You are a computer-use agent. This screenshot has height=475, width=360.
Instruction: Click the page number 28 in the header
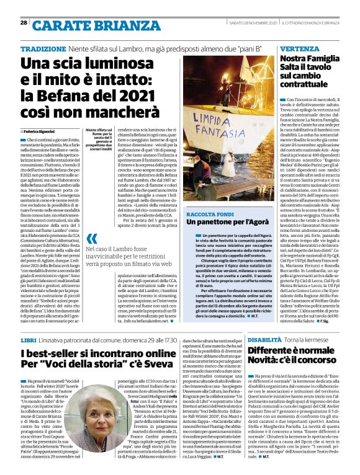coord(23,23)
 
